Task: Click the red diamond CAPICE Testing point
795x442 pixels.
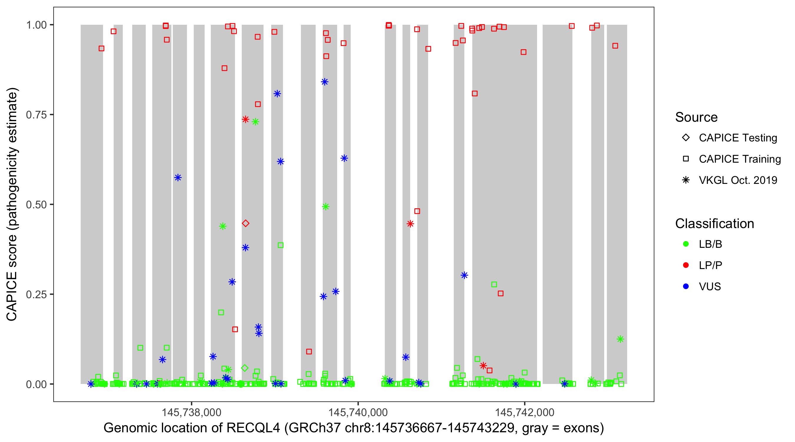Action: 245,223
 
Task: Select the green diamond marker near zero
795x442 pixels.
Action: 245,368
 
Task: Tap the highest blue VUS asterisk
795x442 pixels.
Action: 324,82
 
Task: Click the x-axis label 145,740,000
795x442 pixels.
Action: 358,412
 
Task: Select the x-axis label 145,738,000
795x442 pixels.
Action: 192,412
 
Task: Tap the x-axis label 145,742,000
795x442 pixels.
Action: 525,412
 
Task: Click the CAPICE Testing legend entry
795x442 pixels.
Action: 738,138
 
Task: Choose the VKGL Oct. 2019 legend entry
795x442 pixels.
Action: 738,180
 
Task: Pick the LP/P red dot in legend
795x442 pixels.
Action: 686,265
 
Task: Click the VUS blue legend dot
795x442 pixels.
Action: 686,286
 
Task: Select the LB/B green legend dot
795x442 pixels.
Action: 686,244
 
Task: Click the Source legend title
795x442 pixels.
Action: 696,117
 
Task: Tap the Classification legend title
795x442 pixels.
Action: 714,224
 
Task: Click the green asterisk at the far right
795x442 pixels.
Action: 620,339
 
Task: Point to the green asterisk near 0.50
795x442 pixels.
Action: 326,207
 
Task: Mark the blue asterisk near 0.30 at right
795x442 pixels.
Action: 464,275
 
